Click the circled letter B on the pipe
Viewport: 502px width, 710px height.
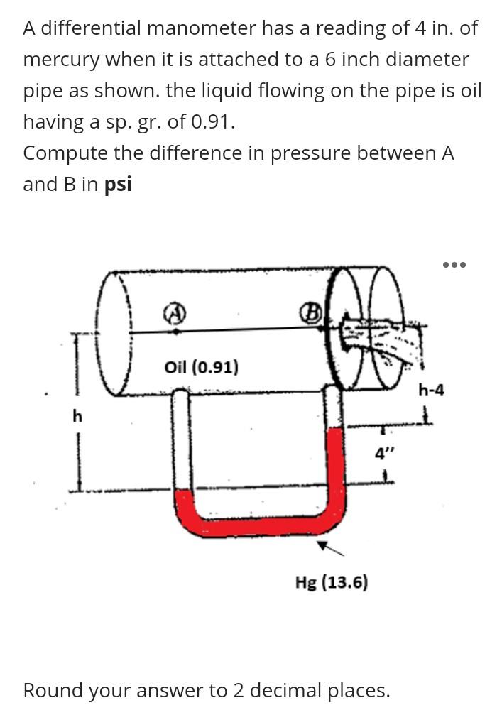313,311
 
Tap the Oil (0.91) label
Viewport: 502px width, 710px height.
201,367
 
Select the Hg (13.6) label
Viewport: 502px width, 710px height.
332,583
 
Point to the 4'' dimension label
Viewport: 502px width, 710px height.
383,453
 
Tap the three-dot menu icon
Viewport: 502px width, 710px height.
454,265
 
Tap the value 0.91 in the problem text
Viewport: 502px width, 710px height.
209,122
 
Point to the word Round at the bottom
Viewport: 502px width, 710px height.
52,690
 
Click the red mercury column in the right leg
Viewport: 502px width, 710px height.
334,469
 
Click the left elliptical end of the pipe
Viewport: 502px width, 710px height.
117,334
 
